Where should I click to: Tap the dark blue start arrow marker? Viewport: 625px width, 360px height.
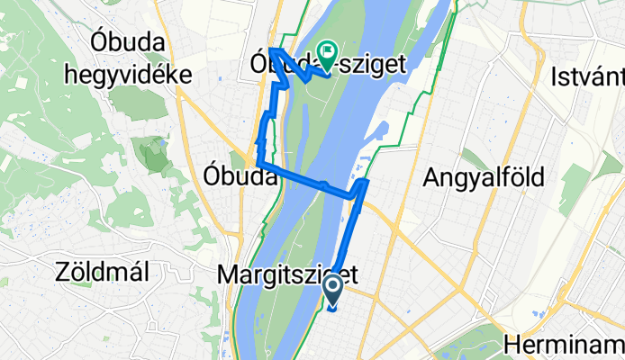332,290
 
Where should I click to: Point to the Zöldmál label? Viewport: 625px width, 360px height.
101,270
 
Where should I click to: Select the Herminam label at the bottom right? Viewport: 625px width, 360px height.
564,344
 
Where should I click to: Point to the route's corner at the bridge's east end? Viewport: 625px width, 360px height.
364,182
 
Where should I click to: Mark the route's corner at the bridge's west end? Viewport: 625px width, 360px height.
259,162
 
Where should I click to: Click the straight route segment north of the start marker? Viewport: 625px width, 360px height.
351,234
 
